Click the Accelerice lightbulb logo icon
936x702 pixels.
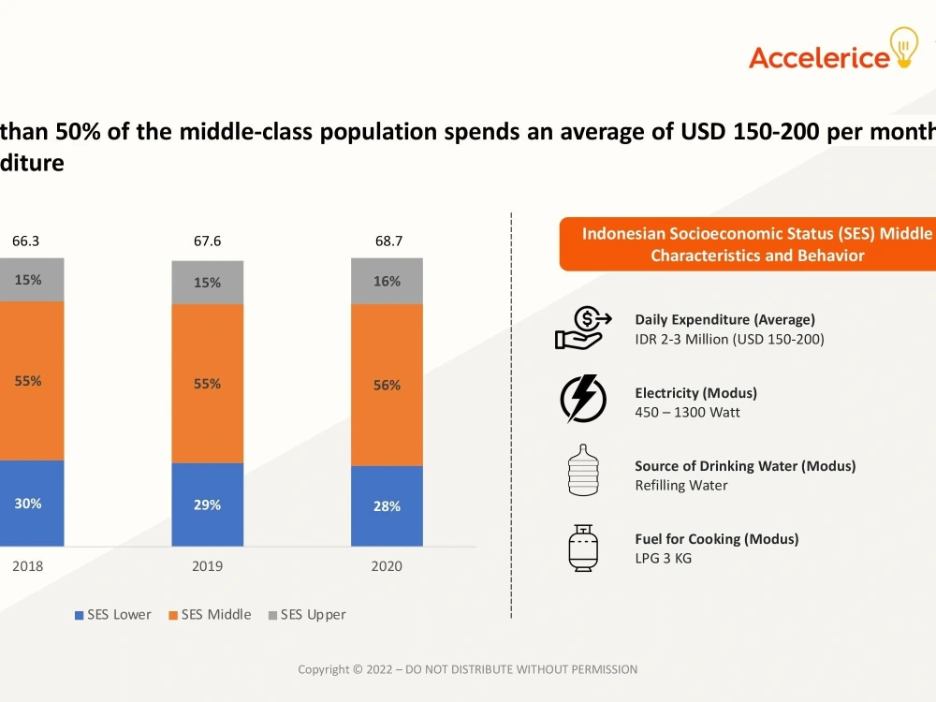click(x=904, y=47)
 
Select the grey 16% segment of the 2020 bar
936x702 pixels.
click(x=387, y=281)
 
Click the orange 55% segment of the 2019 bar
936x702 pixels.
click(x=207, y=384)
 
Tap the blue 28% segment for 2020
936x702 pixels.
click(x=387, y=506)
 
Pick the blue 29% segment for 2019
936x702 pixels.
click(x=207, y=505)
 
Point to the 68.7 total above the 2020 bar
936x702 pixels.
click(x=388, y=241)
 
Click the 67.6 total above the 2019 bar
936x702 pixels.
click(x=207, y=241)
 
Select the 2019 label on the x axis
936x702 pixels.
click(x=207, y=566)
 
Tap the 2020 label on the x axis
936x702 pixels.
click(x=387, y=566)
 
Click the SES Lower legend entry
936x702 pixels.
click(x=113, y=615)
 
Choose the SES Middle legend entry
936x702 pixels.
click(x=210, y=615)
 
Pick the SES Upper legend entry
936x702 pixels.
click(x=307, y=615)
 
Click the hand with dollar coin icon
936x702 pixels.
click(x=583, y=328)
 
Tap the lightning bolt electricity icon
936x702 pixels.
click(x=583, y=399)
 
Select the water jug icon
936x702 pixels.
click(x=583, y=471)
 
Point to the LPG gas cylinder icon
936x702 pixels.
click(x=583, y=548)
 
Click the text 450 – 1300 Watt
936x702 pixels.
click(x=687, y=413)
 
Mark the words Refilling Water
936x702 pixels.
click(x=681, y=485)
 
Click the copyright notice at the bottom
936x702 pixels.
click(x=467, y=670)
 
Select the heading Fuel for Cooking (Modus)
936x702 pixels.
click(x=716, y=539)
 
